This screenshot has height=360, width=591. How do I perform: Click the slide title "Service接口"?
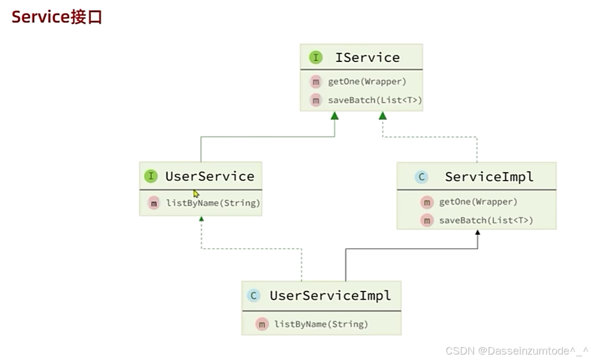pos(57,17)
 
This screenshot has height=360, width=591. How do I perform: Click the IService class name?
pos(367,58)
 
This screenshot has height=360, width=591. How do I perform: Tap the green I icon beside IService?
pos(315,58)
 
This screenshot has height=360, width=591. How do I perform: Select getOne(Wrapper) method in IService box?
pos(367,82)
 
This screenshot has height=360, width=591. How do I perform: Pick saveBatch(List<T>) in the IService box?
pos(374,100)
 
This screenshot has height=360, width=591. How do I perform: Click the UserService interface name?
pos(209,176)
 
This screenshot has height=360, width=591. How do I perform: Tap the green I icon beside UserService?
pos(150,176)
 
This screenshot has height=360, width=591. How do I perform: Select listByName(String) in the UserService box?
pos(213,203)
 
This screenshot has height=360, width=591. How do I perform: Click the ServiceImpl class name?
pos(489,177)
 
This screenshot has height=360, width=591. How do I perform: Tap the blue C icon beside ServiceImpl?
pos(421,177)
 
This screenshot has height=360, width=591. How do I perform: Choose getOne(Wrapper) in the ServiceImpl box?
pos(478,202)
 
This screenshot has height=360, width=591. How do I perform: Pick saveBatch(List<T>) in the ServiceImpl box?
pos(486,220)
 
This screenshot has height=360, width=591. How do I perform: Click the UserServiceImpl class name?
pos(330,296)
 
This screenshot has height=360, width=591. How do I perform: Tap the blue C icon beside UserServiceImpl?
pos(253,296)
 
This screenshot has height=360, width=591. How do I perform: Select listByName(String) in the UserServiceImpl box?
pos(321,324)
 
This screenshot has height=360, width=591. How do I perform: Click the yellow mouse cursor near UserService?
pos(196,193)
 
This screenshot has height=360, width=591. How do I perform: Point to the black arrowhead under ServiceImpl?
pos(478,232)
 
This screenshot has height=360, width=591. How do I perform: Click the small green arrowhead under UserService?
pos(201,219)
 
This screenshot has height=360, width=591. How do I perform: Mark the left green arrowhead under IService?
pos(334,116)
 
